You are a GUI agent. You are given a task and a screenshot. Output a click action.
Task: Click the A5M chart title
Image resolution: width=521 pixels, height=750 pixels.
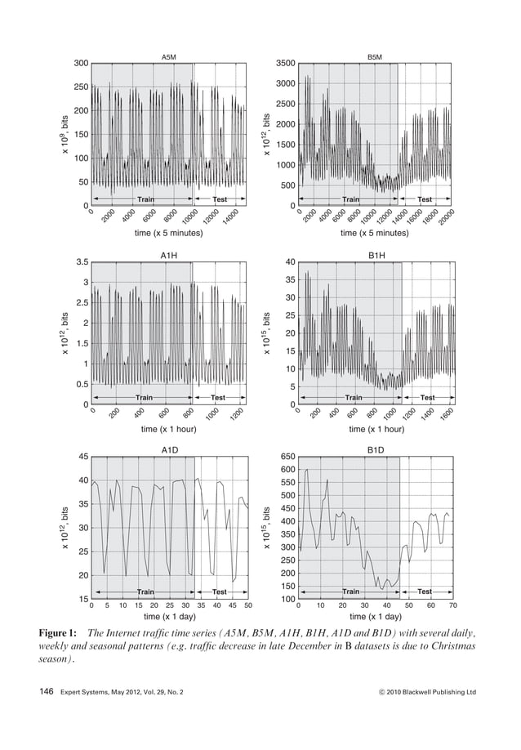(169, 56)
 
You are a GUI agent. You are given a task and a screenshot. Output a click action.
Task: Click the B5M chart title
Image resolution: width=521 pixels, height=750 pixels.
(374, 56)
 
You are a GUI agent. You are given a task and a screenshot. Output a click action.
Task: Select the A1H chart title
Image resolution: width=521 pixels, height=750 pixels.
(169, 256)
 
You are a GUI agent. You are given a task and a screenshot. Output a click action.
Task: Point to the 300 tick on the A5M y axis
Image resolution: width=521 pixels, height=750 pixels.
(80, 64)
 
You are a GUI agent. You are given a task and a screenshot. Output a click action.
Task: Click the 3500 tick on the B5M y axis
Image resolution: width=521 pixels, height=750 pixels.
(284, 64)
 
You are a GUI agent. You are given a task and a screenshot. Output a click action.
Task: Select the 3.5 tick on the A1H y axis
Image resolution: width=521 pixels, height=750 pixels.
(81, 263)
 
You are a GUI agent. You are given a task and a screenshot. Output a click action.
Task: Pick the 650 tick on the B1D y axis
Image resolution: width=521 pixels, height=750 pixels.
(286, 457)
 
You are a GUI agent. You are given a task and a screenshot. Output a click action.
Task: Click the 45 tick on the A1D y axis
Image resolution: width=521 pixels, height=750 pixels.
(82, 457)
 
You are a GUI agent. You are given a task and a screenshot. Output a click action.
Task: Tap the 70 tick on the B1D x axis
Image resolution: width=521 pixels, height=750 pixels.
(452, 605)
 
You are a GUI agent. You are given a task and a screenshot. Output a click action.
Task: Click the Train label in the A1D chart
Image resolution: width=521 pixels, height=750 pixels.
(145, 591)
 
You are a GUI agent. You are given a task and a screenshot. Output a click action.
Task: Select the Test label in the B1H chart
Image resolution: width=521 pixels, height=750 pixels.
(427, 397)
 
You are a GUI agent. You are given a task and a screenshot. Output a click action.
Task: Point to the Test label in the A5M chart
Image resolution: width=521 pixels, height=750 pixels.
(220, 199)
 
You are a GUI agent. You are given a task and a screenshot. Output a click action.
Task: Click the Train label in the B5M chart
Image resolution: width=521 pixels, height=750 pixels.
(350, 199)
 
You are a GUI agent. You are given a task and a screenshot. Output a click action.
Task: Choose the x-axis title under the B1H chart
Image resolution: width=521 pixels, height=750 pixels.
(376, 428)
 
